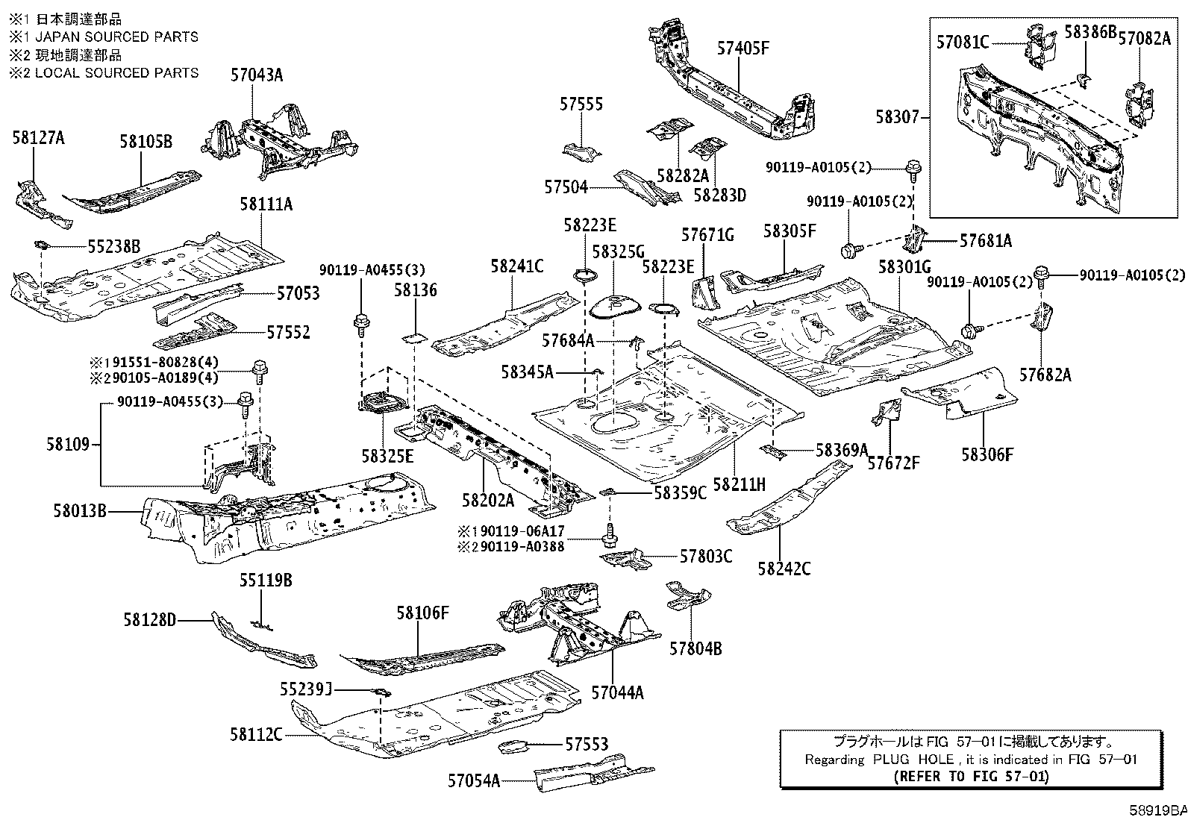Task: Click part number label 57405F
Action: pos(742,48)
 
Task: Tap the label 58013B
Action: pos(79,511)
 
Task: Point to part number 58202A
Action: pos(487,500)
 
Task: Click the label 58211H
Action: pos(739,484)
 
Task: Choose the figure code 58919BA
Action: pos(1157,810)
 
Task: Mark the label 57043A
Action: pos(256,75)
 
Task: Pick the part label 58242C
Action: pos(784,569)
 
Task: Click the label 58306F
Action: pos(987,454)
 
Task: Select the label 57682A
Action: pos(1045,375)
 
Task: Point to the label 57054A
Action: pos(473,780)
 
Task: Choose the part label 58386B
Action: pos(1089,31)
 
